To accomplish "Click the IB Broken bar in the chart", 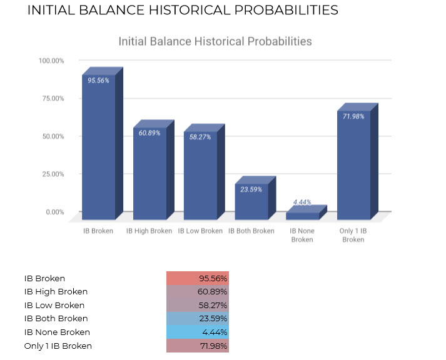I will pos(98,150).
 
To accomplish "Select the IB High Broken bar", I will pos(150,175).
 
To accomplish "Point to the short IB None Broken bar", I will pos(302,216).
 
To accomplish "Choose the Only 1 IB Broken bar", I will pos(353,166).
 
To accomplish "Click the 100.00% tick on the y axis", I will pos(51,61).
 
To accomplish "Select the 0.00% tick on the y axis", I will pos(54,212).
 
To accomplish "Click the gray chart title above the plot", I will pos(215,41).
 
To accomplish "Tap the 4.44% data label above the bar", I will pos(302,202).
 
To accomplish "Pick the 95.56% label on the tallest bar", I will pos(98,81).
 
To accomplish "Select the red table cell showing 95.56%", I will pos(198,278).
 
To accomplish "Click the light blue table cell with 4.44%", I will pos(198,332).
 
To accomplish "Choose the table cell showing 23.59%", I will pos(198,319).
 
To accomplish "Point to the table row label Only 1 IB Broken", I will pos(58,346).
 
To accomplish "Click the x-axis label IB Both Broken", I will pos(251,231).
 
